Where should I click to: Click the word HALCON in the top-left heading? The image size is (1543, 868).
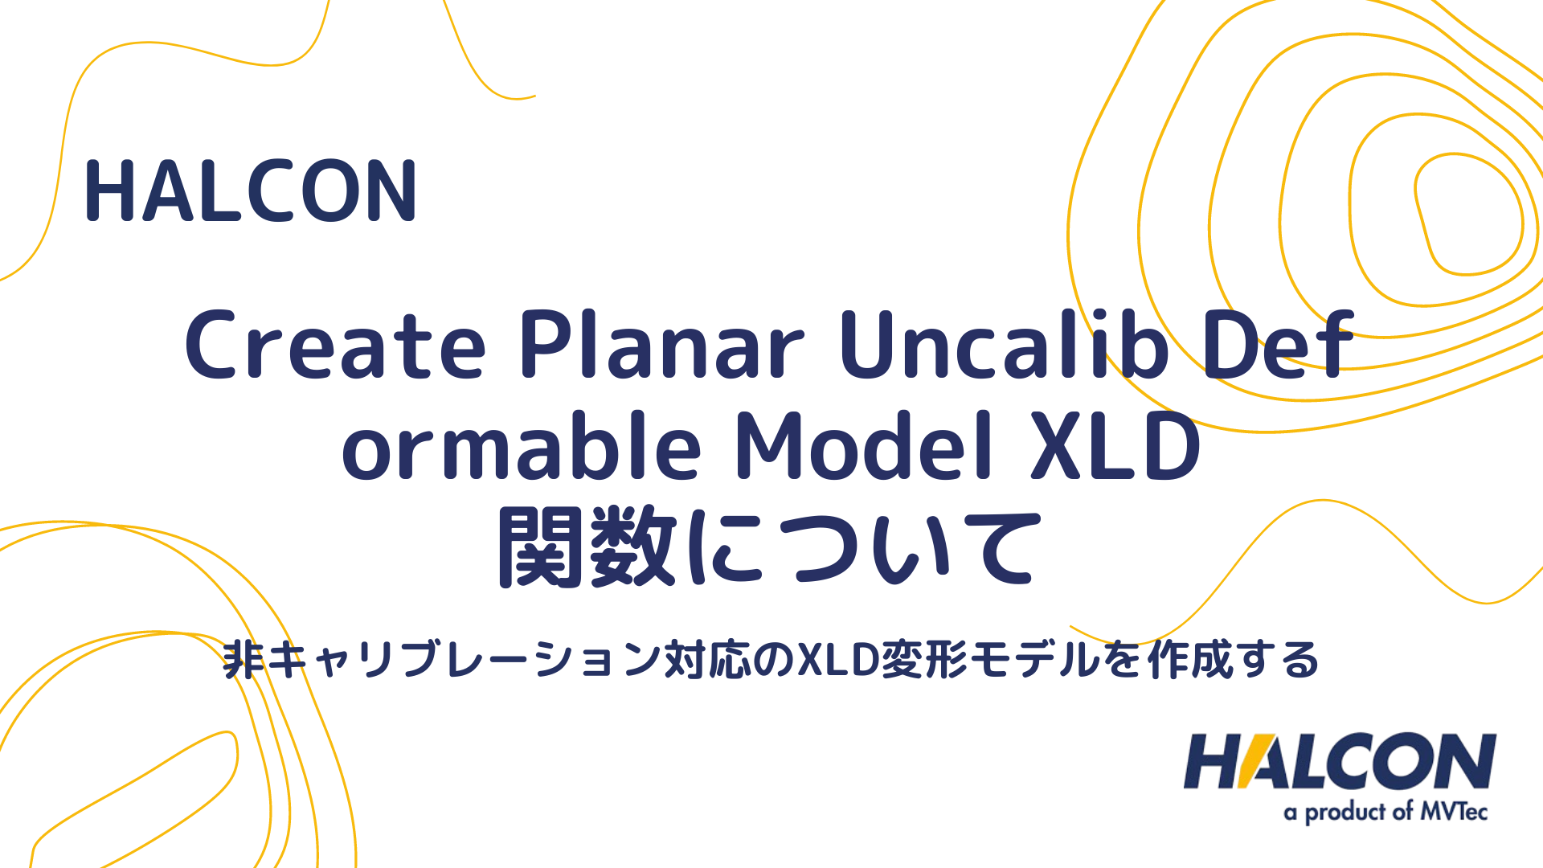(x=251, y=191)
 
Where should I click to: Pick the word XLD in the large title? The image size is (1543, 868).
(x=1117, y=447)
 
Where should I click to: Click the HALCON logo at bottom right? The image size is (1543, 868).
(x=1339, y=762)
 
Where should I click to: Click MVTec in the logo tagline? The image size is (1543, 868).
(x=1454, y=812)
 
